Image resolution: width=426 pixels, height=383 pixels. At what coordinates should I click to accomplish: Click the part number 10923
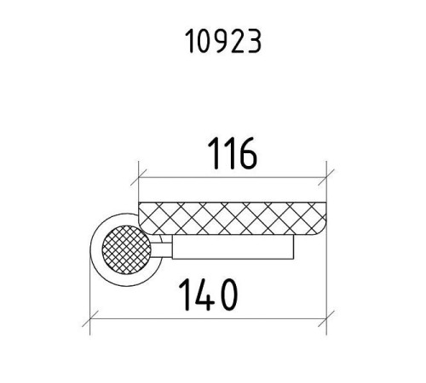point(223,42)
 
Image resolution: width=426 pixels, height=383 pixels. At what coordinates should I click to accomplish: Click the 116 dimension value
point(233,153)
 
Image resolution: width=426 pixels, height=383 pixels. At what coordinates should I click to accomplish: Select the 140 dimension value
point(208,294)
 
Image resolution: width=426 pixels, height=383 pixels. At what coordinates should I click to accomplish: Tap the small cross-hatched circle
point(127,249)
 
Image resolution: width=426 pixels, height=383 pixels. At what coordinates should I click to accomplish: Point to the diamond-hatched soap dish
point(233,219)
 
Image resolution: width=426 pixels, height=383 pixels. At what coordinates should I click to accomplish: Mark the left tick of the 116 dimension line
point(139,178)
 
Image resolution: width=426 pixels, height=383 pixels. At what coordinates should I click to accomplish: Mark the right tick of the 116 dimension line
point(326,178)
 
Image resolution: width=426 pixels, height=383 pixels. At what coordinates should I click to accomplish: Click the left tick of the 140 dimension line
point(90,318)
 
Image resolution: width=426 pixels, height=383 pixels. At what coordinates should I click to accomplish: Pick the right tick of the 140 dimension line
point(326,318)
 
